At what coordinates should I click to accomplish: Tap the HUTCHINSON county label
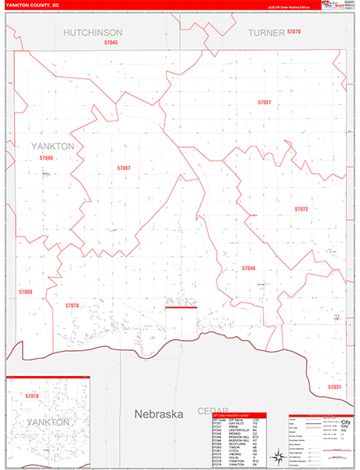pyautogui.click(x=92, y=32)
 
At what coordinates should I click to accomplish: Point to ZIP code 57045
pyautogui.click(x=110, y=42)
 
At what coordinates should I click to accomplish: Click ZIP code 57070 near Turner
pyautogui.click(x=293, y=31)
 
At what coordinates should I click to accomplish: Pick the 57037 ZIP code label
pyautogui.click(x=265, y=103)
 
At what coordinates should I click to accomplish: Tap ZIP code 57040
pyautogui.click(x=46, y=158)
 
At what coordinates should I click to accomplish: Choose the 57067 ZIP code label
pyautogui.click(x=124, y=168)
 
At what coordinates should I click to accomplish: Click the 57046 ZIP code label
pyautogui.click(x=249, y=268)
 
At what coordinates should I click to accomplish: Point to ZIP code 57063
pyautogui.click(x=26, y=291)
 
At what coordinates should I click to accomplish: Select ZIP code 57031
pyautogui.click(x=334, y=387)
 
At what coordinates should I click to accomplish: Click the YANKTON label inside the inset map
pyautogui.click(x=48, y=422)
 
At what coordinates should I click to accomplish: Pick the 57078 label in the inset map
pyautogui.click(x=32, y=396)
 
